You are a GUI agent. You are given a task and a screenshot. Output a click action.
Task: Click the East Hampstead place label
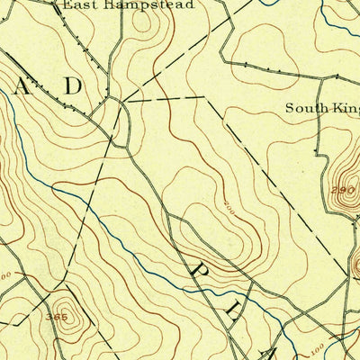(x=130, y=4)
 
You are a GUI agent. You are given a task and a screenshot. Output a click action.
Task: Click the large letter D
(x=72, y=86)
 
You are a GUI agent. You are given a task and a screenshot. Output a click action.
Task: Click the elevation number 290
(x=343, y=192)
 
